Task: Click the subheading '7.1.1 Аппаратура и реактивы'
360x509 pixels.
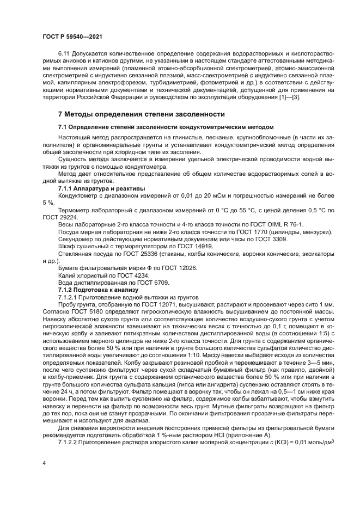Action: [94, 188]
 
